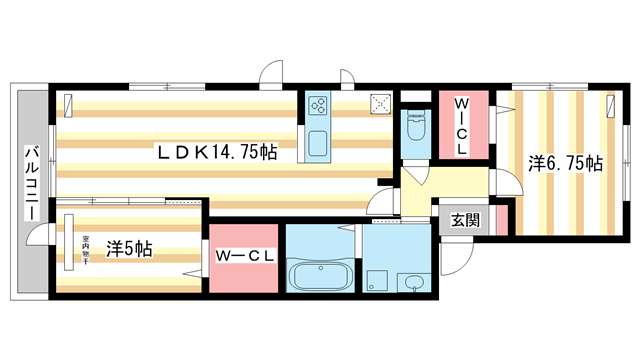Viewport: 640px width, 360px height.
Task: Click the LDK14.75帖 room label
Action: (215, 152)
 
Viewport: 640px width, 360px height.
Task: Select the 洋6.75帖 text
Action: (566, 162)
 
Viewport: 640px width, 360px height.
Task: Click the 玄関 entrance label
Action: (464, 221)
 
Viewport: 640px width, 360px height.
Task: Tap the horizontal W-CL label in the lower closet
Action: (245, 257)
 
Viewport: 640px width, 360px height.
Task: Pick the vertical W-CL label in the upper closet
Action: (463, 125)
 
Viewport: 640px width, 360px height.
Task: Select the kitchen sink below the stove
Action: (319, 143)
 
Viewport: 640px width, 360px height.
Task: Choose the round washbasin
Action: (413, 282)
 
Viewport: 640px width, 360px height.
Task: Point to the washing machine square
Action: (377, 281)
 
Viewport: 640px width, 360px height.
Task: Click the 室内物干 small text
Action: (87, 247)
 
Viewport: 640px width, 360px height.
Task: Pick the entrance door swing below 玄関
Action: (452, 262)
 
